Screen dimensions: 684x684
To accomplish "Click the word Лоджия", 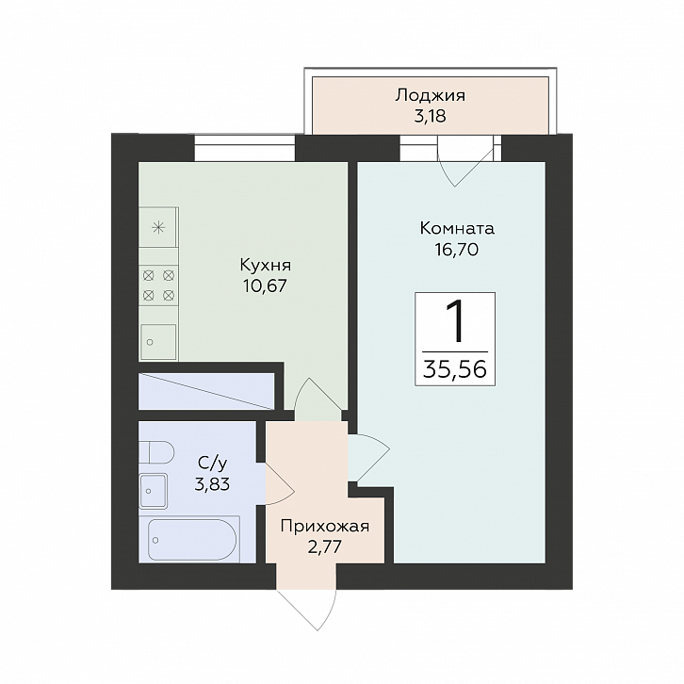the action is (x=431, y=96).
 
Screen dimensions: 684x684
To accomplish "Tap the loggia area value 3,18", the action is (x=431, y=117).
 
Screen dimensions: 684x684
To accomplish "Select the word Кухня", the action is (x=266, y=265).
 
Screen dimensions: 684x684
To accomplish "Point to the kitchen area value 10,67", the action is (x=266, y=285).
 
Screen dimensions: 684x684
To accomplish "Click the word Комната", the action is (x=457, y=228).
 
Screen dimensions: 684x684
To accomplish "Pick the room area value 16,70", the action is (x=457, y=249).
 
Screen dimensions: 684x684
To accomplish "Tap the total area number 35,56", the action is (x=455, y=369).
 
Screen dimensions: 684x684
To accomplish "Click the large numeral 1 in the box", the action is (x=455, y=322).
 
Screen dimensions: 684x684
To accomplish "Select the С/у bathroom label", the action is (x=212, y=464).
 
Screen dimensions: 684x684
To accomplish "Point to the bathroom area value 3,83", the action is (x=212, y=484).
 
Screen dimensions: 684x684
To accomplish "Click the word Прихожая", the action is (x=325, y=527).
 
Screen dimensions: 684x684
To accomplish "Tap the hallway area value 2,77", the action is (x=325, y=547).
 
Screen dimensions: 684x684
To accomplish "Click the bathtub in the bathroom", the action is (x=192, y=539).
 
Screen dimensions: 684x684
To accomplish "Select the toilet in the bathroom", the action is (x=156, y=452).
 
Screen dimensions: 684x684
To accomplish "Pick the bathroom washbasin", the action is (x=154, y=491).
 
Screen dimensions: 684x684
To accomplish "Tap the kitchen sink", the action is (x=158, y=342).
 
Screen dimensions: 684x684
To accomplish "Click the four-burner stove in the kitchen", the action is (x=159, y=285).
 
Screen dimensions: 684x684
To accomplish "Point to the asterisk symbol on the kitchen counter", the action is (x=158, y=227).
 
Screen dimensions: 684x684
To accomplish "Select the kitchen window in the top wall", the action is (x=245, y=148).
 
